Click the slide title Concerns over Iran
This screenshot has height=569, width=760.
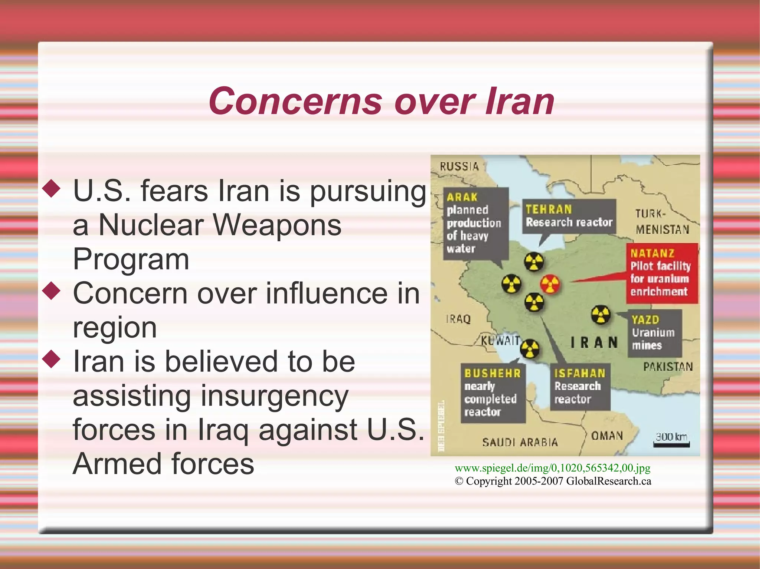381,101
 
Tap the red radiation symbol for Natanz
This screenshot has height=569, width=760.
550,284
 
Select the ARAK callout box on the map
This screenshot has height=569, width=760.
476,224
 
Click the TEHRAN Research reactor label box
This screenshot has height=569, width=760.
569,216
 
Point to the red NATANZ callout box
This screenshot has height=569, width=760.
662,273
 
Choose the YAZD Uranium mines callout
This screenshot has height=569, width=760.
654,333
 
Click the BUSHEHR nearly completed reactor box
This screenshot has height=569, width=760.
493,393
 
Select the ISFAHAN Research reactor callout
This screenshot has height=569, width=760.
580,386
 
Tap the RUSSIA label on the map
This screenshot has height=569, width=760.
459,166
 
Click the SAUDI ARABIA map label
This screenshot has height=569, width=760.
520,442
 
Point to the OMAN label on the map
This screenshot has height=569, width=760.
607,436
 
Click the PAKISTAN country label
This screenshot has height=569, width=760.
668,367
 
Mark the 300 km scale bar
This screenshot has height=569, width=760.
671,444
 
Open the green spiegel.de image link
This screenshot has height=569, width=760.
553,468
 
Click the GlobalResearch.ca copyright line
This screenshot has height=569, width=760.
553,481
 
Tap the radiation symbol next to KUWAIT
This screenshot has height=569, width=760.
530,349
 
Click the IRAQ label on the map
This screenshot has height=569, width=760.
458,319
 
